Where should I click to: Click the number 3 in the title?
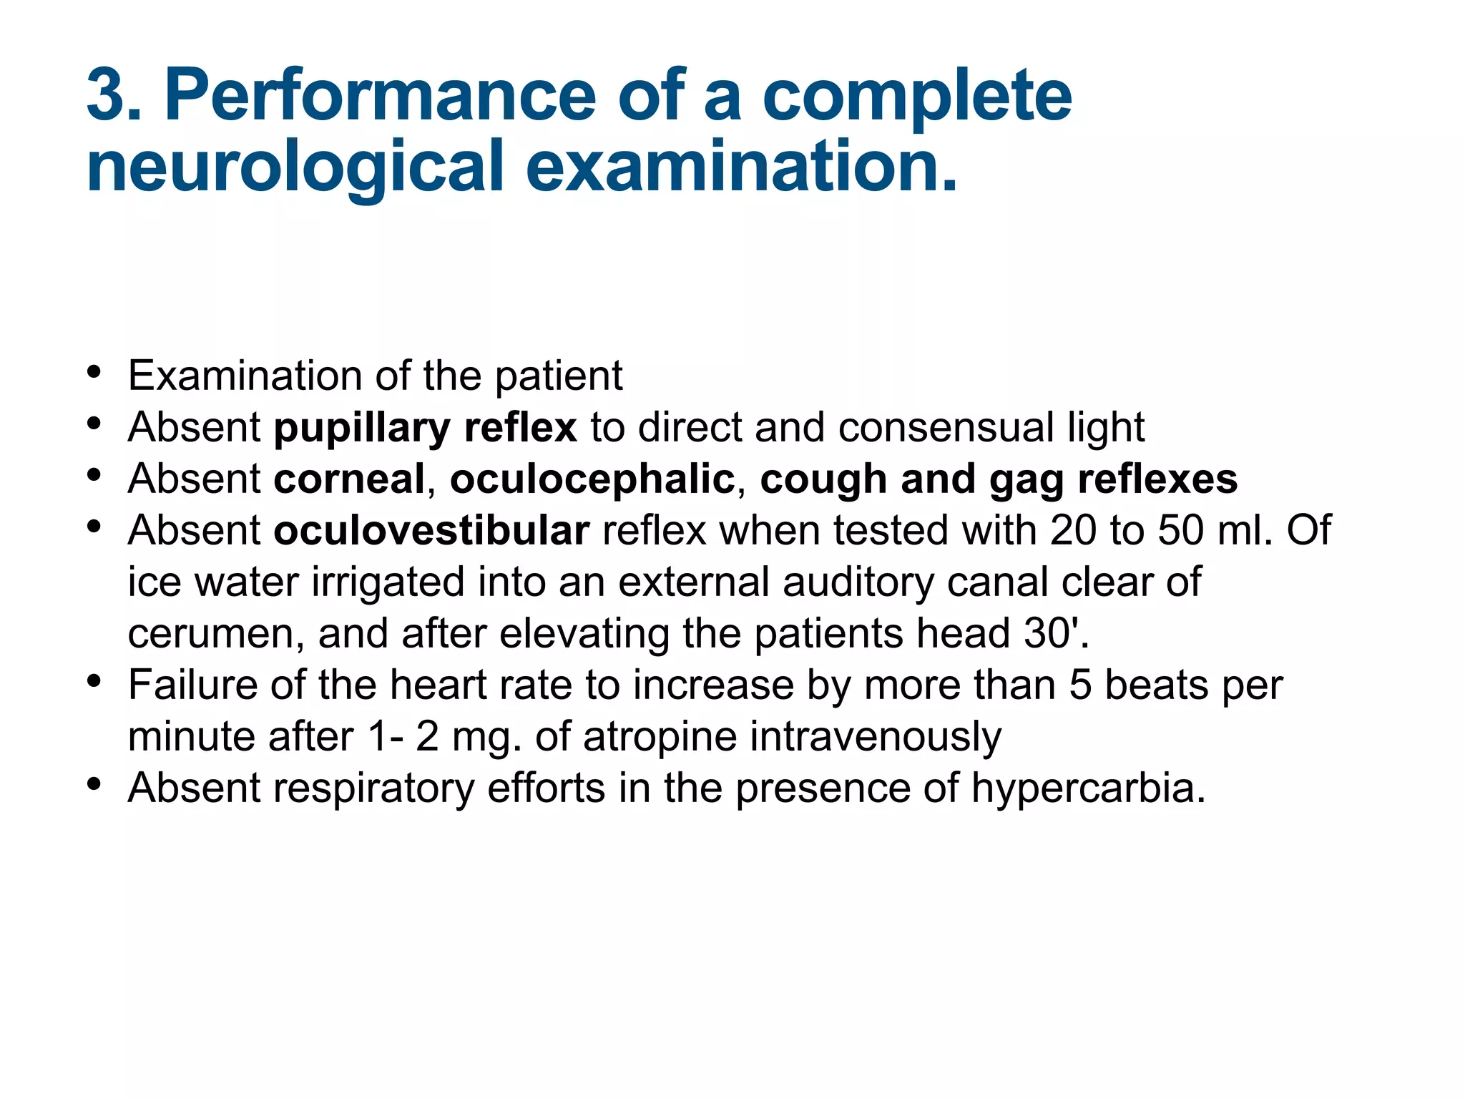pyautogui.click(x=107, y=95)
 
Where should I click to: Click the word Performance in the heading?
pyautogui.click(x=380, y=95)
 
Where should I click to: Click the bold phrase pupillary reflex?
pyautogui.click(x=425, y=428)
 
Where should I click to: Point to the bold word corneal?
pyautogui.click(x=349, y=479)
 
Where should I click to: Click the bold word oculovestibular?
pyautogui.click(x=431, y=530)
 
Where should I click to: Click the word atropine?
pyautogui.click(x=660, y=736)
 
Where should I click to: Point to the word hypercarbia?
pyautogui.click(x=1087, y=788)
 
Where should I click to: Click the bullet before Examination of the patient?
pyautogui.click(x=94, y=373)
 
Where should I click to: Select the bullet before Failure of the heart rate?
pyautogui.click(x=94, y=682)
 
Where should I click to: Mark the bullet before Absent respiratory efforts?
pyautogui.click(x=94, y=785)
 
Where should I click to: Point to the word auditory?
pyautogui.click(x=858, y=582)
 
